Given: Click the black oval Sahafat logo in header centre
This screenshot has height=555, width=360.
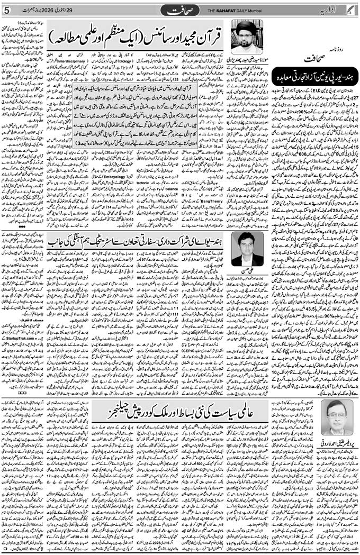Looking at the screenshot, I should click(x=180, y=10).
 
